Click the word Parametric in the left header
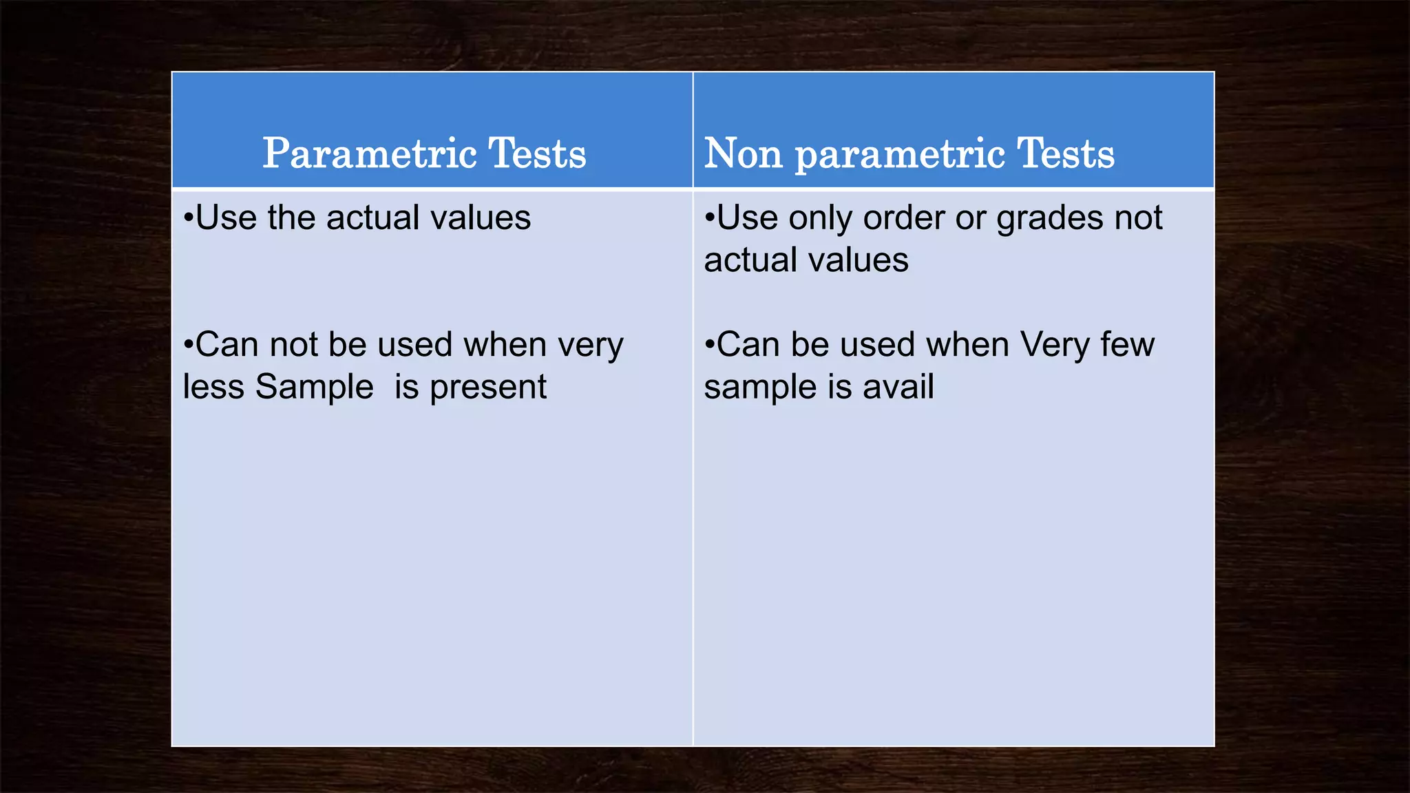(370, 154)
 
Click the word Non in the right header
(743, 154)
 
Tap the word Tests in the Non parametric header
(1065, 154)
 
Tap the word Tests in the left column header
(537, 154)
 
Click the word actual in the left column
(372, 218)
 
